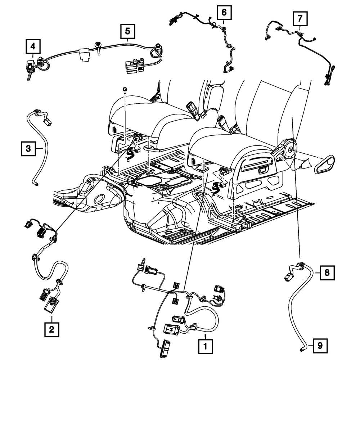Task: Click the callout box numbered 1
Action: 206,346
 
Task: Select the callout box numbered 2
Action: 52,329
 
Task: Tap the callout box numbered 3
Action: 28,149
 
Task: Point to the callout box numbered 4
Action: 33,46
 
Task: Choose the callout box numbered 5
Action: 128,31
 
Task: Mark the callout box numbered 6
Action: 224,13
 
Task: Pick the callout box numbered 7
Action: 300,19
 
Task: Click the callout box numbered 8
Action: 327,273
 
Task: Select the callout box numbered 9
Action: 320,346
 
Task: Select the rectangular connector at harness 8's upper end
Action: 288,277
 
